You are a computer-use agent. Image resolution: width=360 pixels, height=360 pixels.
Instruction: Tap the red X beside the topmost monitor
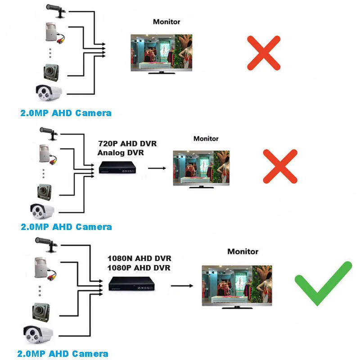pos(264,53)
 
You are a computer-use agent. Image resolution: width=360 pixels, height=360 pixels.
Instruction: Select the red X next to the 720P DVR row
pos(280,166)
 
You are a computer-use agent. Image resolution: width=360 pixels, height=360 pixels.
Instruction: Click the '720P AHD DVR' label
pos(127,144)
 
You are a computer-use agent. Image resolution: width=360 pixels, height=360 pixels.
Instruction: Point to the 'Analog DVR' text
pos(121,153)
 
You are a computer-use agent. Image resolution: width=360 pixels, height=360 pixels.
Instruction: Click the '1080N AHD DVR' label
pos(139,258)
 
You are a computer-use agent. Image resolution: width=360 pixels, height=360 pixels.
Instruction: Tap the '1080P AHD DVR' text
pos(139,268)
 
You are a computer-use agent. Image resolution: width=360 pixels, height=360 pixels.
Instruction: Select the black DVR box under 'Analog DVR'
pos(117,167)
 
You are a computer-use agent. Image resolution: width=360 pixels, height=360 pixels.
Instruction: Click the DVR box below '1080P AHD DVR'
pos(131,283)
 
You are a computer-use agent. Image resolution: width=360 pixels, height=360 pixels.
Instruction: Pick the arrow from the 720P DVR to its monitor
pos(157,168)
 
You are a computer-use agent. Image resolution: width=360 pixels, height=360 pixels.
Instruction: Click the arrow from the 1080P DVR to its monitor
pos(182,286)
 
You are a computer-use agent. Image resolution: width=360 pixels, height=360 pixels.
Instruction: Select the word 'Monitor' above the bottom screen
pos(243,252)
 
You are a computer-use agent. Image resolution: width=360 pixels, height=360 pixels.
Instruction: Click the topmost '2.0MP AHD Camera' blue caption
pos(66,113)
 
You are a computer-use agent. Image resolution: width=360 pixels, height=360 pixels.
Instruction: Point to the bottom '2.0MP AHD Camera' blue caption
pos(63,354)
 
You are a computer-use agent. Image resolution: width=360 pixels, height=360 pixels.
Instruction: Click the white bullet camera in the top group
pos(49,93)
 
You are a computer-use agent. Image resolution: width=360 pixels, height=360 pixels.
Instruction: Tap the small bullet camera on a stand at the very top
pos(56,10)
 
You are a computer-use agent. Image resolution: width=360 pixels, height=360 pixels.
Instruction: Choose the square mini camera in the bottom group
pos(41,312)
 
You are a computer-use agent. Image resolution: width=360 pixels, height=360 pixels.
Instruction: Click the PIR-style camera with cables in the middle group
pos(48,154)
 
